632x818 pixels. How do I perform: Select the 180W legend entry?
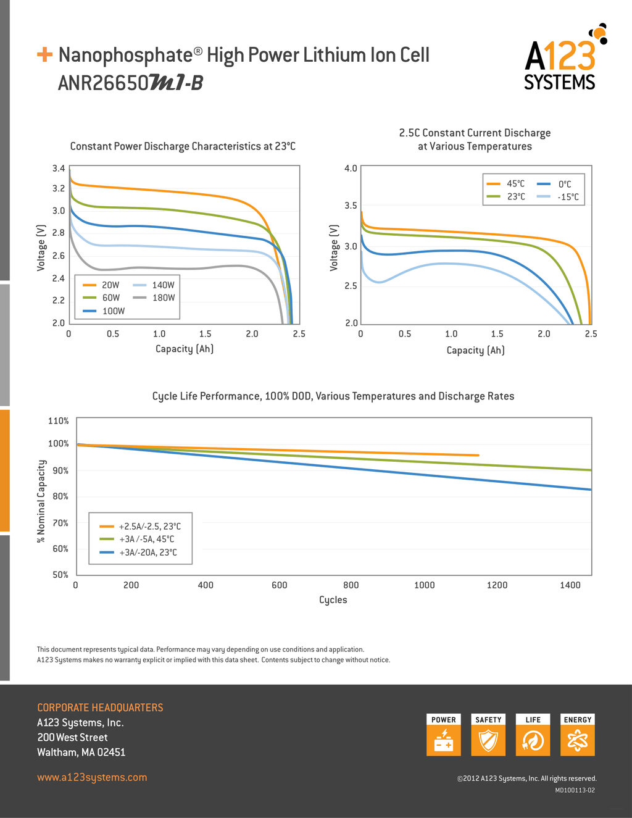154,298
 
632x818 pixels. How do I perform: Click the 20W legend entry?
101,285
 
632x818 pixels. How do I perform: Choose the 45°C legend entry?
505,184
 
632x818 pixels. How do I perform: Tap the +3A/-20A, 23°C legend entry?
138,553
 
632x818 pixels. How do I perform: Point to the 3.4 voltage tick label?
59,169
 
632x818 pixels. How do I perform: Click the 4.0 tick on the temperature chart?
351,169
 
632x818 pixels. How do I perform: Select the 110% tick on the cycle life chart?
58,420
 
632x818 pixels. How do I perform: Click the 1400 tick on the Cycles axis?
570,585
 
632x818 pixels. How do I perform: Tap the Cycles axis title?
333,599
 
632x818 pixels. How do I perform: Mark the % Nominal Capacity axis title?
41,501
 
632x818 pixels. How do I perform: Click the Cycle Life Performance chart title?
333,396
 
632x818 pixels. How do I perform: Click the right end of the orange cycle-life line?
478,455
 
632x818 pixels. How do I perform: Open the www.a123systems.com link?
92,777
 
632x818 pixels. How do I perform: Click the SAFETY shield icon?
488,740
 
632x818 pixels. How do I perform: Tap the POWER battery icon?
444,740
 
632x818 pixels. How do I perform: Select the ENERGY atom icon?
578,740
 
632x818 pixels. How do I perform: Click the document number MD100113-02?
575,790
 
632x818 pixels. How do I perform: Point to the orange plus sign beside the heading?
44,54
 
